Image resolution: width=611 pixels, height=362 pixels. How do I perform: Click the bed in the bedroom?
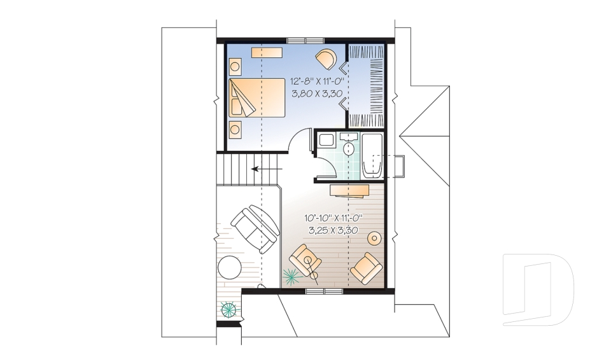pos(257,97)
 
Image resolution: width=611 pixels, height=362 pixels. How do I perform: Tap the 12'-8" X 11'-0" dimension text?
pos(317,81)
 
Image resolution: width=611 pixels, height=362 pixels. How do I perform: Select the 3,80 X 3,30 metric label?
pos(317,94)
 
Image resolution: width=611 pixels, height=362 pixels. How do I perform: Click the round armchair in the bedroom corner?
pos(327,59)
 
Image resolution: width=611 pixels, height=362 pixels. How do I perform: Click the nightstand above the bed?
pos(235,66)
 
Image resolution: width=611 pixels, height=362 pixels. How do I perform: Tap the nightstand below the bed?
pos(235,129)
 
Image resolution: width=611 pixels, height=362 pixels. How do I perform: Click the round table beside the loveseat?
pos(228,267)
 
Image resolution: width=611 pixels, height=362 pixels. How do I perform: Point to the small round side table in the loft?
pos(375,238)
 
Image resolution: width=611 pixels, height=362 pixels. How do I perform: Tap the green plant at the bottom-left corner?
pos(228,310)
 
